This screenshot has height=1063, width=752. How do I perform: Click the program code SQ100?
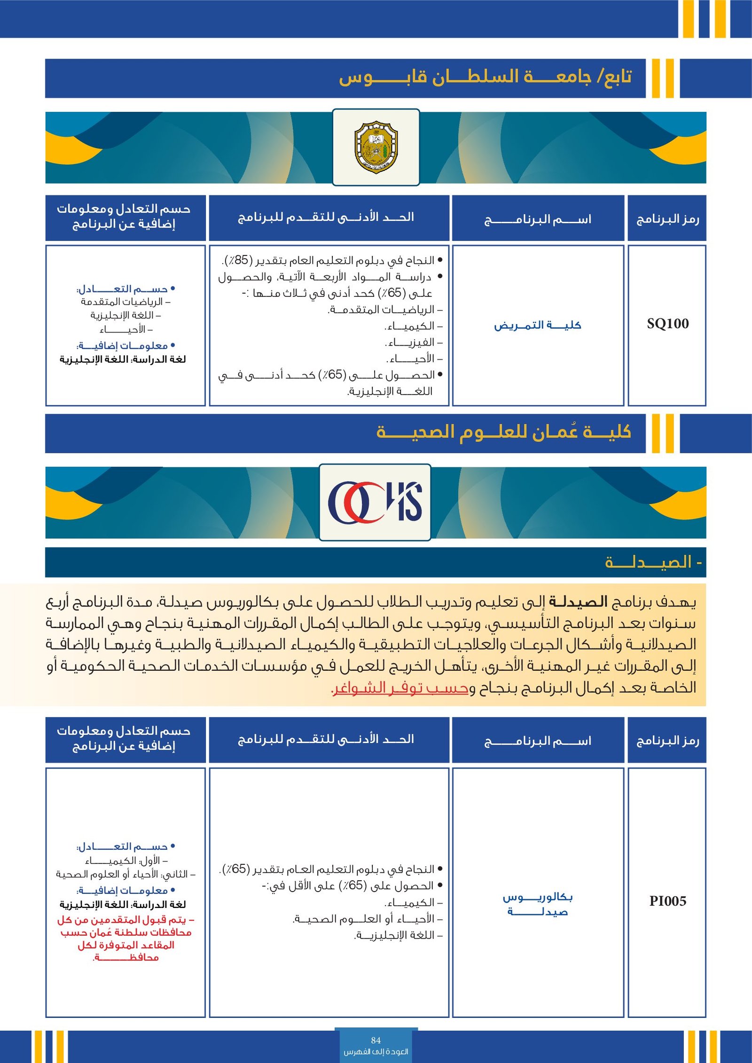pos(667,324)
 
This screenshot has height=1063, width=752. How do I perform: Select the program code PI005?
pos(667,901)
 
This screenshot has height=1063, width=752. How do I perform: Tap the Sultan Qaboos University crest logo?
pos(376,147)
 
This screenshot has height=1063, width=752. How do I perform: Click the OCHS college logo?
pos(375,502)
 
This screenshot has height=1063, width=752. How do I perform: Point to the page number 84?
pos(376,1040)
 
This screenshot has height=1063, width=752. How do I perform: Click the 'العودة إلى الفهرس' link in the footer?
pos(376,1051)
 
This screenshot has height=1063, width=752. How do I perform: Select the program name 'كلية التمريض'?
pos(537,325)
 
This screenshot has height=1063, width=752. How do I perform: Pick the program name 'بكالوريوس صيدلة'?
pos(537,904)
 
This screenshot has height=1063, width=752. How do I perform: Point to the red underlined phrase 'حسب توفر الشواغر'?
pos(400,688)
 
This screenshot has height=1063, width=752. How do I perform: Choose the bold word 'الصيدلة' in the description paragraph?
pos(578,602)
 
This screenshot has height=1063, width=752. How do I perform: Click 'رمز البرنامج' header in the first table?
pos(667,219)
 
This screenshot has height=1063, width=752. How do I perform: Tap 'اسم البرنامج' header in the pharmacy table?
pos(537,741)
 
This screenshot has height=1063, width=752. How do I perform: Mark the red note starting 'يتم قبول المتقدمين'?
pos(125,938)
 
